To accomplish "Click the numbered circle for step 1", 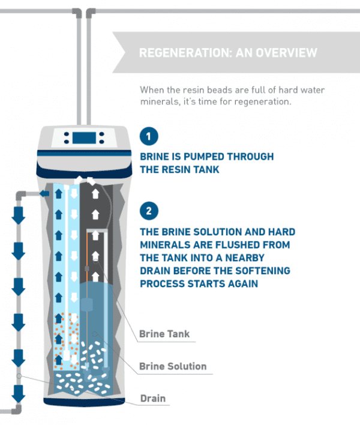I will point(148,135).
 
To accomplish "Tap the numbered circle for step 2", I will point(148,211).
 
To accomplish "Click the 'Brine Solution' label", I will point(173,366).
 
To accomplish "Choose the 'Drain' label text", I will point(153,398).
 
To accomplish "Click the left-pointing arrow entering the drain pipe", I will point(43,193).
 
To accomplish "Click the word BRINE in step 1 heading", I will point(155,157).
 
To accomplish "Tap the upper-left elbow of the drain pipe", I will point(19,194).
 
